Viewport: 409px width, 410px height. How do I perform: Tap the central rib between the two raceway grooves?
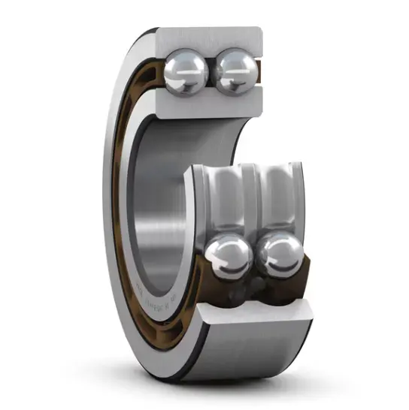[x=252, y=197]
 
